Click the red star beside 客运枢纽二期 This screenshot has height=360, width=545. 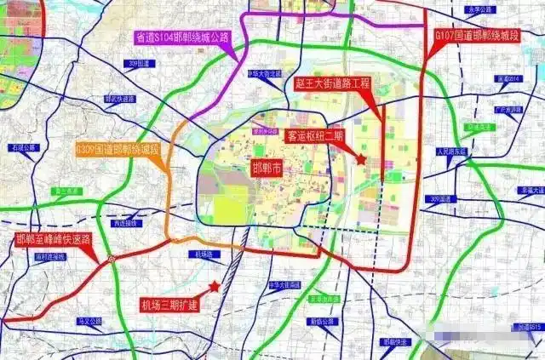[x=361, y=158]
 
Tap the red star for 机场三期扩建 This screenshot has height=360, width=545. [x=215, y=287]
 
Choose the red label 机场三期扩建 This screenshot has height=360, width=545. [x=169, y=304]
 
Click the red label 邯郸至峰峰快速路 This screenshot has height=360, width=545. [x=53, y=240]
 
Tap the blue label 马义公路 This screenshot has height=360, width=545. [x=89, y=321]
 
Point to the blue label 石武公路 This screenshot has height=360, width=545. [x=25, y=147]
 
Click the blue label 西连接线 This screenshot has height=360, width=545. [x=123, y=223]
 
